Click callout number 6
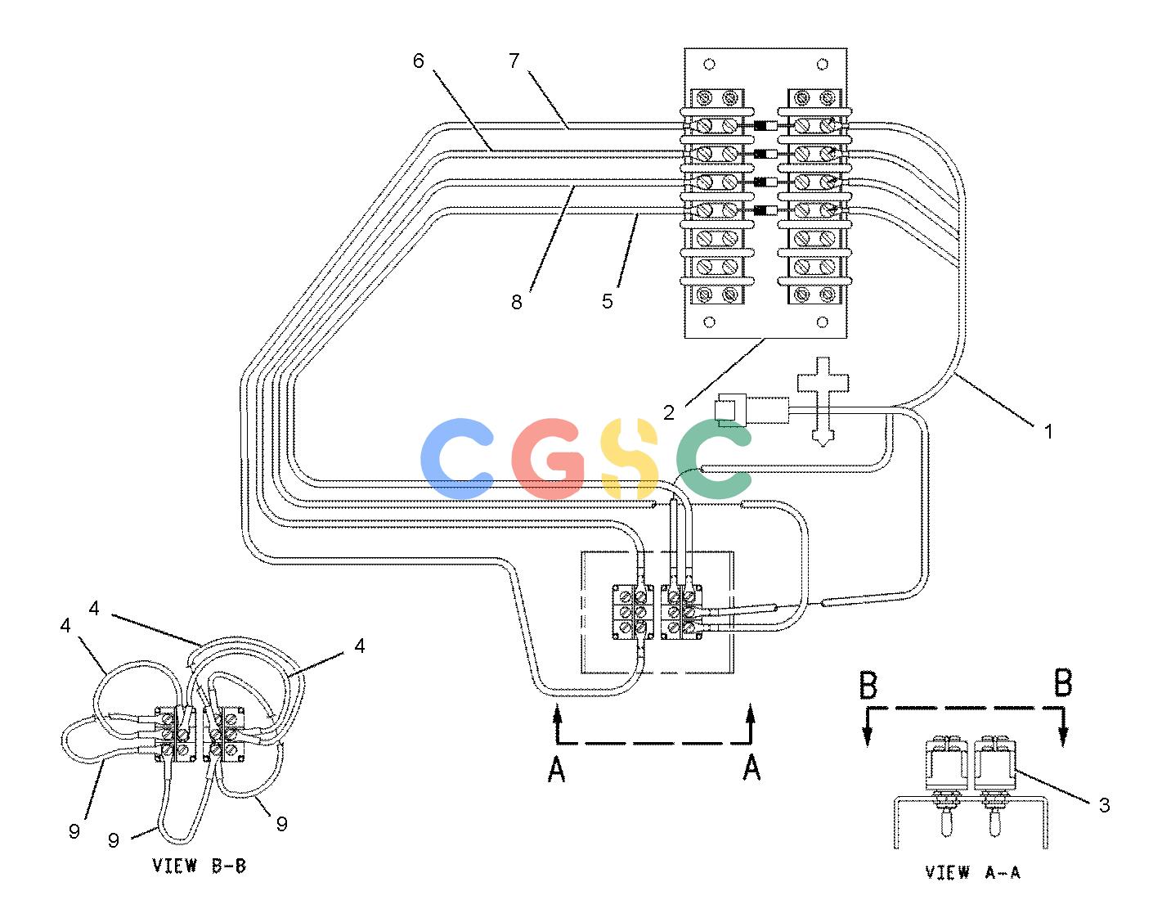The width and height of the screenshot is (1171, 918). [x=419, y=61]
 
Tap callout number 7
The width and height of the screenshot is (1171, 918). [x=514, y=61]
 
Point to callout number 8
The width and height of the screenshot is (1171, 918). [x=516, y=302]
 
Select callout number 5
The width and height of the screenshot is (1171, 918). [x=608, y=301]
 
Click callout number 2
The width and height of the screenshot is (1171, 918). [x=669, y=412]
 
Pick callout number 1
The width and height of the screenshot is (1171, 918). [x=1048, y=431]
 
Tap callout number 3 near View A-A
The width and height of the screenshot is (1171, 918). [x=1104, y=805]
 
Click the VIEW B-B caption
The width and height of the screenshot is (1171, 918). [x=200, y=866]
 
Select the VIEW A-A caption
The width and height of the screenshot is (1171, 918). [x=972, y=871]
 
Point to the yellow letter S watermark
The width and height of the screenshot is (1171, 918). [x=630, y=458]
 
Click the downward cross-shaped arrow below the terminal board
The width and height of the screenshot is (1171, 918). [x=823, y=402]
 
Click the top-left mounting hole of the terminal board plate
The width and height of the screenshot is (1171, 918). [x=710, y=65]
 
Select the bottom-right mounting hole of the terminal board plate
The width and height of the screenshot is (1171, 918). [x=823, y=322]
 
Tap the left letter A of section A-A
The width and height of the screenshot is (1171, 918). [x=557, y=769]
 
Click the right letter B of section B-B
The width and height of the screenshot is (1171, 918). [x=1063, y=683]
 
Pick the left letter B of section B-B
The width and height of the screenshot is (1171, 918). [x=868, y=685]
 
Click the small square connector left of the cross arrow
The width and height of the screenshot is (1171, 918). [x=725, y=411]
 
